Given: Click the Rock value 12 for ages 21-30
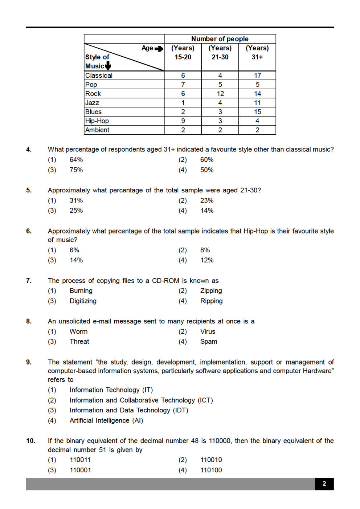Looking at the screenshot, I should (220, 94).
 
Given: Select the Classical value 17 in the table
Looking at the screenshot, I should (257, 76).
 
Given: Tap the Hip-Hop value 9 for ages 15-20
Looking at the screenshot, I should (183, 121).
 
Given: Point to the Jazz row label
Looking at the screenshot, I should (92, 103).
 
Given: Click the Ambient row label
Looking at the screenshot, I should (97, 130).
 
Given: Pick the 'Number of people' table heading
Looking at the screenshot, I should (220, 39).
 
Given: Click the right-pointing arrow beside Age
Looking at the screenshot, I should (159, 49).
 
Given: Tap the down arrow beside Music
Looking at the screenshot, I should (108, 66).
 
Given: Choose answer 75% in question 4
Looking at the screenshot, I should (76, 170).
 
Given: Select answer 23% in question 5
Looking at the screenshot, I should (207, 200).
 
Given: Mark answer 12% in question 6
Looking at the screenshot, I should (207, 260).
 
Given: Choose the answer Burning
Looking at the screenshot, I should (81, 291).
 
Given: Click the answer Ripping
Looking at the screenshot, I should (211, 301).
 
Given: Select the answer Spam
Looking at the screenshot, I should (209, 342).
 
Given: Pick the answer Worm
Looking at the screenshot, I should (78, 331).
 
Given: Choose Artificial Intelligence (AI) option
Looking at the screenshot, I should (106, 420).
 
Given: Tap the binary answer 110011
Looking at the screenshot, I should (80, 460).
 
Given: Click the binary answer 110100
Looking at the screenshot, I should (211, 470).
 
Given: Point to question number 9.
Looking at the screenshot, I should (29, 362).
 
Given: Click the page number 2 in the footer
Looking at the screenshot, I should (324, 484).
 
